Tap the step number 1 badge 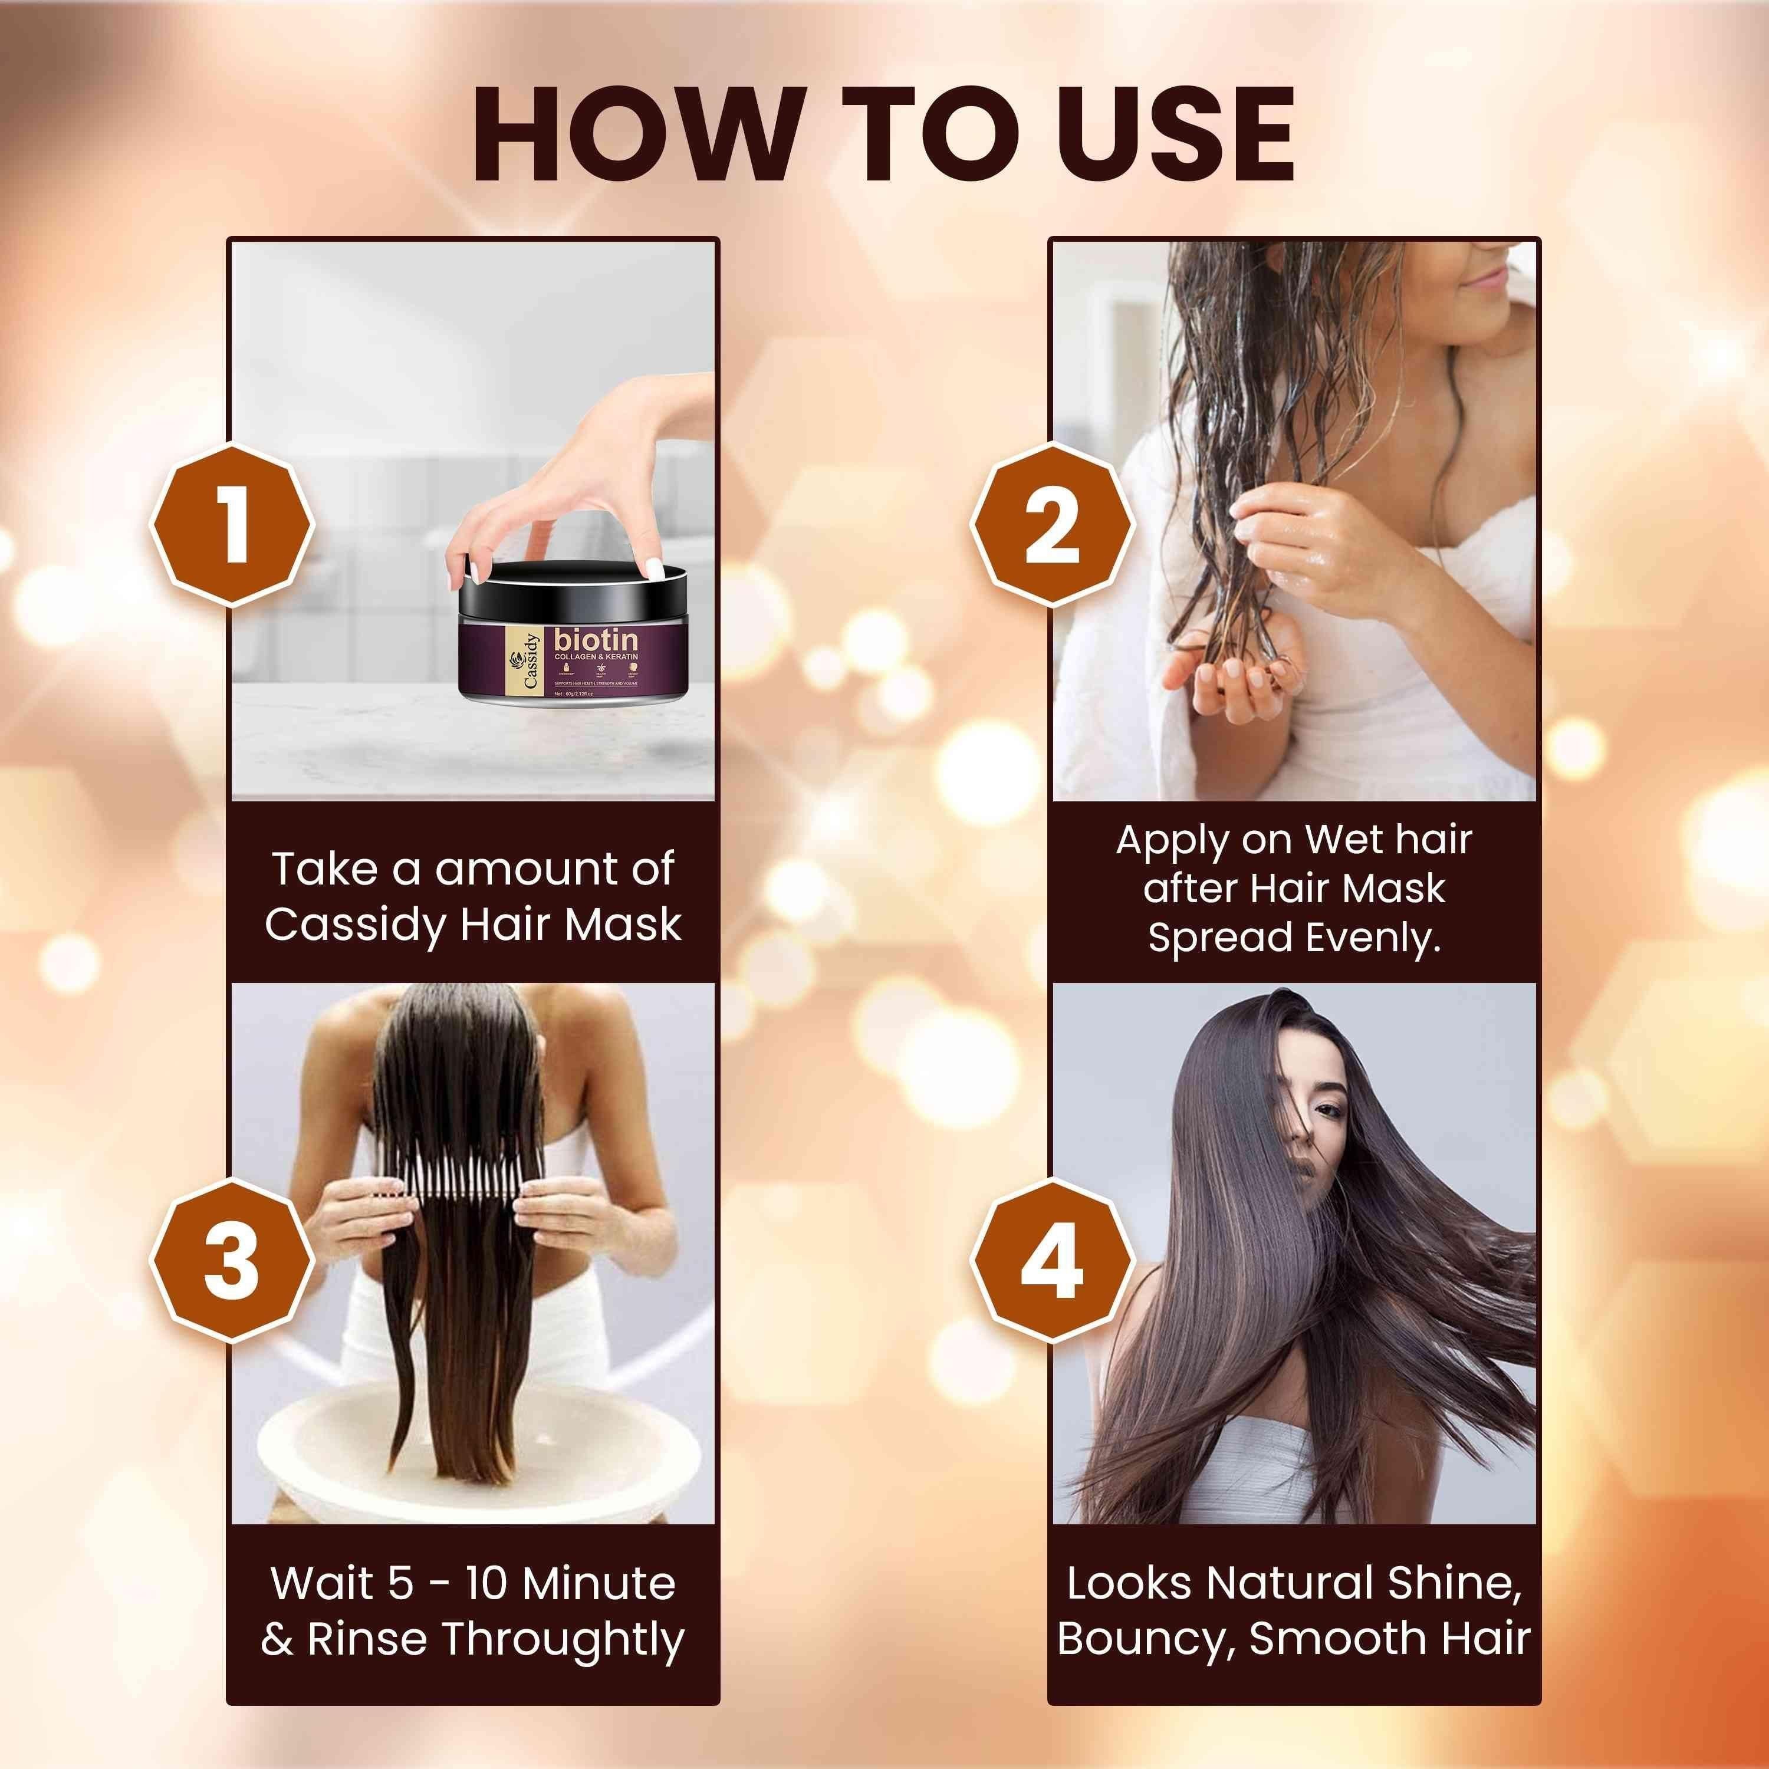[x=232, y=525]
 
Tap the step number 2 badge [x=1051, y=525]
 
